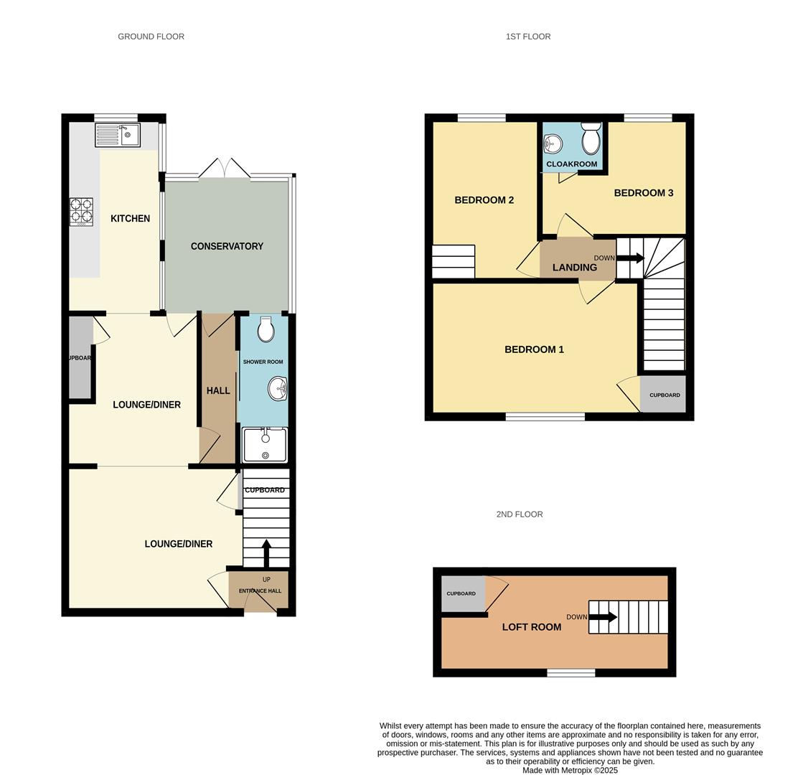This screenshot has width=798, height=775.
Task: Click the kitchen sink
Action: click(x=118, y=134)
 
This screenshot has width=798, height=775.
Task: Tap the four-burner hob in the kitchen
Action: click(x=81, y=212)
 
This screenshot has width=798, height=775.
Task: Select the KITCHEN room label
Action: click(x=130, y=218)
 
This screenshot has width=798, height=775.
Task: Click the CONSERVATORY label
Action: click(x=227, y=246)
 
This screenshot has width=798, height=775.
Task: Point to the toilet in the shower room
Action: click(x=266, y=329)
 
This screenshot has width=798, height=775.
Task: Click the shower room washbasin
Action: click(x=277, y=389)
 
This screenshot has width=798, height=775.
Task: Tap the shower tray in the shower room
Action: click(x=265, y=445)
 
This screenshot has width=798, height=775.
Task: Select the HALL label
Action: click(x=218, y=390)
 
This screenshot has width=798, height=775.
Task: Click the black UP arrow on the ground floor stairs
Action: click(x=266, y=553)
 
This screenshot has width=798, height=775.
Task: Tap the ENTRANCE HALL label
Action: click(x=260, y=591)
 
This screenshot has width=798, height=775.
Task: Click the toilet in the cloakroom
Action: click(x=591, y=138)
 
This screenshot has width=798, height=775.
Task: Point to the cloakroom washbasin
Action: click(x=552, y=144)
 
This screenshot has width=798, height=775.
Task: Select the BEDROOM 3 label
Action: click(x=643, y=192)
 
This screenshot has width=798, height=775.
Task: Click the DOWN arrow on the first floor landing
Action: click(x=629, y=258)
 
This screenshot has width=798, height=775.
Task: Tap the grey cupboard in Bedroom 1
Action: click(x=664, y=395)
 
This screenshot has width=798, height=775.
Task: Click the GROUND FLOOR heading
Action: click(x=151, y=36)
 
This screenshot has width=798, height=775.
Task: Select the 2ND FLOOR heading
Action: click(x=519, y=514)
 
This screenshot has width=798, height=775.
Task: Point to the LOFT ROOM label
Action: click(x=531, y=626)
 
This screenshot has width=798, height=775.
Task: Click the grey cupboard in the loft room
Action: click(x=462, y=593)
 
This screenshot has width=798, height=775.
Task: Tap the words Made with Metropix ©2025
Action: click(x=570, y=770)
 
